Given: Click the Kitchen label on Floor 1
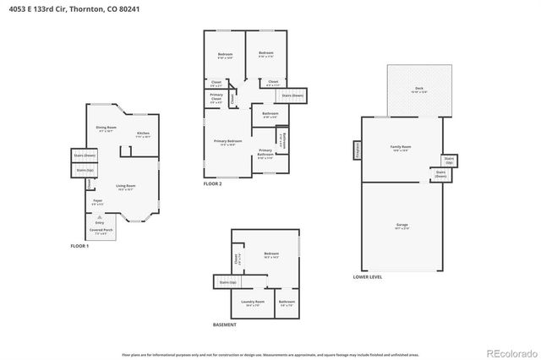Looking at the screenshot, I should [144, 134].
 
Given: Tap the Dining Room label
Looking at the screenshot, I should [106, 129].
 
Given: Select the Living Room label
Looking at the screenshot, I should [126, 188].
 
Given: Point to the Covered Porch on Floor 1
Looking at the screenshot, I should [100, 232].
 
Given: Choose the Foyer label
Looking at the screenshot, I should [98, 202].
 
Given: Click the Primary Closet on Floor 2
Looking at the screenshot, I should [216, 98].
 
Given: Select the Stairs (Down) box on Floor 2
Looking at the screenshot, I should [292, 95].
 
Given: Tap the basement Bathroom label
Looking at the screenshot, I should [287, 303].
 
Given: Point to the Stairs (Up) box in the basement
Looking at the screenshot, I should [227, 282].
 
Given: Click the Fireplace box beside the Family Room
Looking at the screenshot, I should [356, 150].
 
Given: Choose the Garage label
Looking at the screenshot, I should [402, 226].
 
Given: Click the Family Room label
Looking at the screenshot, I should [400, 149].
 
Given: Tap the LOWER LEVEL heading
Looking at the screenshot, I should [367, 277].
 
